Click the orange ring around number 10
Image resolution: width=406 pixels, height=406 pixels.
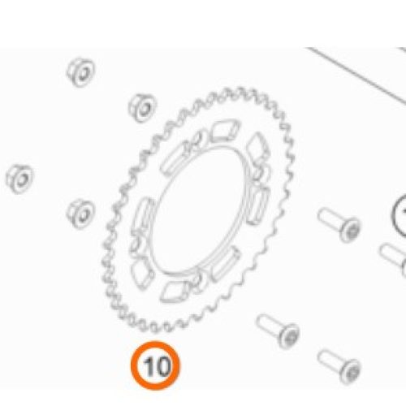(155, 343)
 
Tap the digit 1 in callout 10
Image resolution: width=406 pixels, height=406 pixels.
(149, 366)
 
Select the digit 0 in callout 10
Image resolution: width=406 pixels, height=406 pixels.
(162, 366)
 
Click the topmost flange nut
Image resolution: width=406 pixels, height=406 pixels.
(81, 72)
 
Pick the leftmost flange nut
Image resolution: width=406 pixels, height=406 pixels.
(19, 179)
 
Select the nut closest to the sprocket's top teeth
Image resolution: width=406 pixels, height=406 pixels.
(142, 108)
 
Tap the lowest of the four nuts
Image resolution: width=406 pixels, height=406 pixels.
(80, 214)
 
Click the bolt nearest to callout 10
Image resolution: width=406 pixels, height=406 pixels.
(278, 330)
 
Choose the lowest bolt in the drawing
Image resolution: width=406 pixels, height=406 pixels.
(339, 366)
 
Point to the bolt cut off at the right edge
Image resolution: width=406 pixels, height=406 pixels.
(393, 257)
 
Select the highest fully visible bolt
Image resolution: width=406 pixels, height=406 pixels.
(339, 225)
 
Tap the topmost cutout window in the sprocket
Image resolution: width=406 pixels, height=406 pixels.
(225, 131)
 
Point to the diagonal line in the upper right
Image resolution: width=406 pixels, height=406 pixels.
(356, 75)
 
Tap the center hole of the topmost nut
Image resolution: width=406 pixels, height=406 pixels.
(83, 72)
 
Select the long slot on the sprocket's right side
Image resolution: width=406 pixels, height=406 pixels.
(257, 205)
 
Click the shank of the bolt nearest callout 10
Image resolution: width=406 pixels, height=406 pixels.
(269, 325)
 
